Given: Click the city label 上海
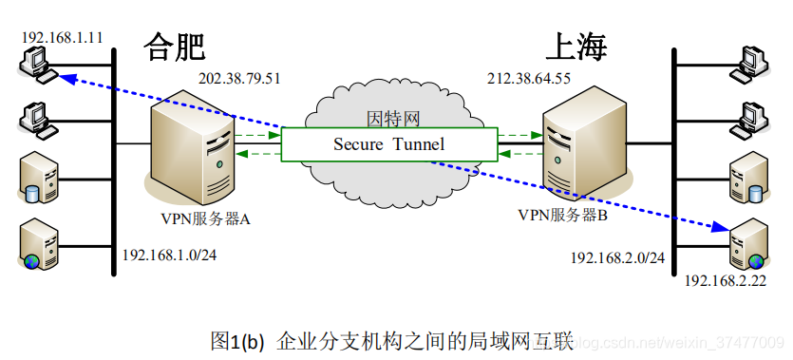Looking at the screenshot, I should click(576, 46).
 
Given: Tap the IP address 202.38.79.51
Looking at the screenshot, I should click(239, 78).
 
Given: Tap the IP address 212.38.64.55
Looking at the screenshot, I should click(529, 78).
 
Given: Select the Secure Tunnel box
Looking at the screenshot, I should click(388, 143).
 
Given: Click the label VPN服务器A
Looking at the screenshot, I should click(206, 219).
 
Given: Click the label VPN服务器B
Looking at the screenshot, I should click(562, 215).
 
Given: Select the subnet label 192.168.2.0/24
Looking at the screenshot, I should click(617, 257).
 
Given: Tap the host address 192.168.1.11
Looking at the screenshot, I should click(62, 38).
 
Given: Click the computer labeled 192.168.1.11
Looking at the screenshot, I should click(37, 66).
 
